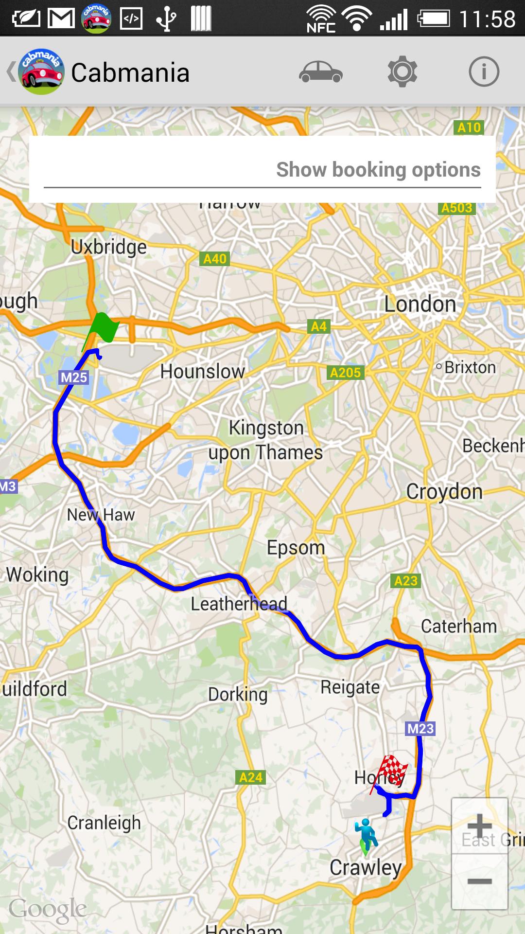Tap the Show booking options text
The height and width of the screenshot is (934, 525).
(378, 170)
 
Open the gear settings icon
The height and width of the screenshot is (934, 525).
(402, 72)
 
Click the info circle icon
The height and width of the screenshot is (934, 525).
(484, 72)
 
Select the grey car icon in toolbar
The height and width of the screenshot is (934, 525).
(321, 72)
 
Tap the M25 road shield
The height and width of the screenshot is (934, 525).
(74, 377)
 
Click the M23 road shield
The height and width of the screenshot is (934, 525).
(420, 729)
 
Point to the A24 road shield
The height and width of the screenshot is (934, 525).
(251, 777)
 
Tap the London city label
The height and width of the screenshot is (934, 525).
(420, 305)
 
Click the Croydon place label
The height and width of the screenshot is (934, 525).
(444, 492)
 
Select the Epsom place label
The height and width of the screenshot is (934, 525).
(296, 548)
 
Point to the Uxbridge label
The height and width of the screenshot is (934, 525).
(108, 247)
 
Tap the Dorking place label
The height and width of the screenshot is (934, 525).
(238, 694)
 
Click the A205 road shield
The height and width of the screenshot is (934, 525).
(345, 373)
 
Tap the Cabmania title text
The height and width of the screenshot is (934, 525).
(130, 73)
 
